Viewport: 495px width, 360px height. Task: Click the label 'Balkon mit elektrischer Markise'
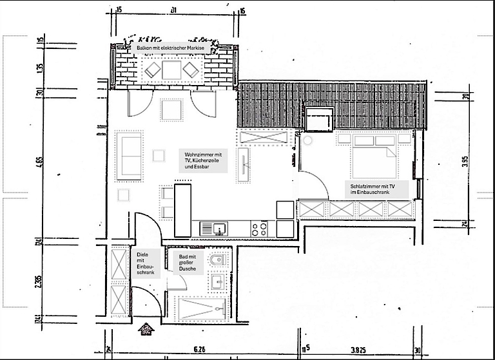170,49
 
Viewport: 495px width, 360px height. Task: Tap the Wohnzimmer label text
203,161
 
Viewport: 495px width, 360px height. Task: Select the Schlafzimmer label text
372,188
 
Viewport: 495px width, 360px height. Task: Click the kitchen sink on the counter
218,228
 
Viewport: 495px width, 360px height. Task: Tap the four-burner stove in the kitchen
260,228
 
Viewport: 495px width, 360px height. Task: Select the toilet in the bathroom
217,260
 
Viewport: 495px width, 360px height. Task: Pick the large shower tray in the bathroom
202,308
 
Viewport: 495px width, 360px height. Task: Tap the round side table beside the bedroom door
307,139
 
